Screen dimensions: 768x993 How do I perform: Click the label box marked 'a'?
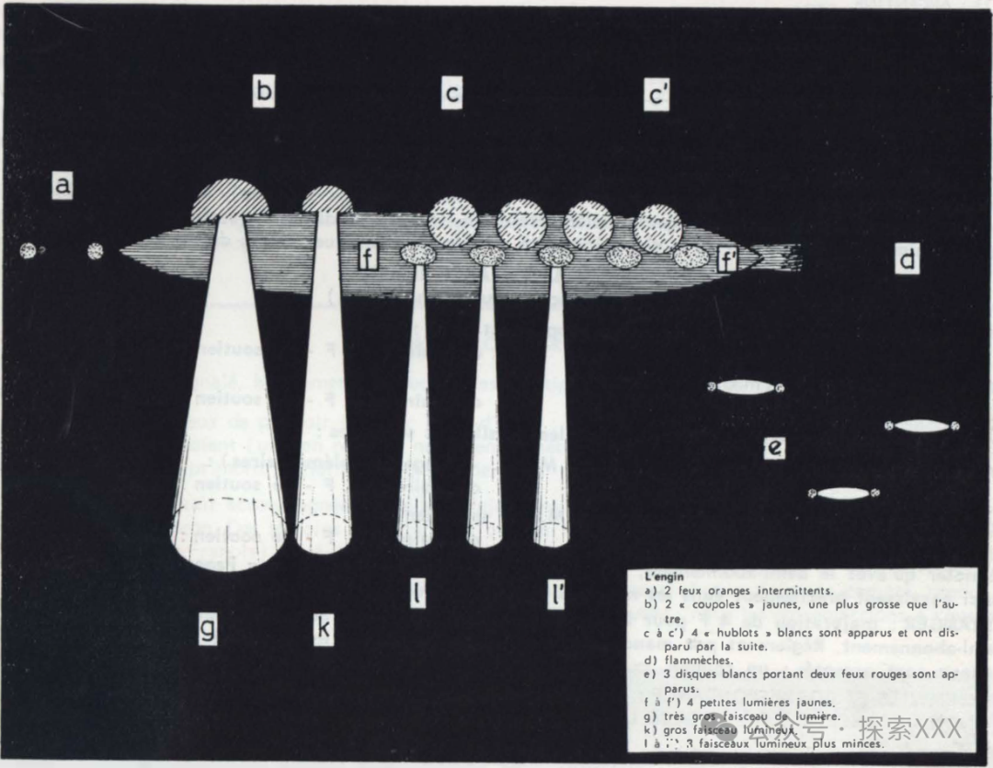(x=63, y=186)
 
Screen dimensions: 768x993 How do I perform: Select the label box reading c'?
(x=656, y=94)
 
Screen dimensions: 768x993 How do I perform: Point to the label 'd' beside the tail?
(x=907, y=261)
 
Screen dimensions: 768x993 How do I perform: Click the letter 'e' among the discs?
(x=775, y=448)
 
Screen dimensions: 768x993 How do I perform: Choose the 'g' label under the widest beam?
(x=209, y=629)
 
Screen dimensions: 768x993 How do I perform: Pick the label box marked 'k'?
(x=323, y=629)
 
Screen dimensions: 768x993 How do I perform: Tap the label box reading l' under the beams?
(x=556, y=597)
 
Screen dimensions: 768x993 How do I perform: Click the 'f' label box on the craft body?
(x=368, y=258)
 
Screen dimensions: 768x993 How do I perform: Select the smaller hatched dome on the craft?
(x=327, y=200)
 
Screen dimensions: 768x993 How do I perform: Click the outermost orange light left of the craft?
(x=29, y=250)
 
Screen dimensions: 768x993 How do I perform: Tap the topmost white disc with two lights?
(x=746, y=387)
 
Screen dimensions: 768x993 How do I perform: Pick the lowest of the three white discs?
(x=843, y=494)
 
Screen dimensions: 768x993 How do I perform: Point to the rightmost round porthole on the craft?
(x=657, y=227)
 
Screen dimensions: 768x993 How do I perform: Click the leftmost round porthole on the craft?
(x=453, y=221)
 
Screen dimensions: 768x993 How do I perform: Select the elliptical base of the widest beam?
(x=229, y=533)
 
